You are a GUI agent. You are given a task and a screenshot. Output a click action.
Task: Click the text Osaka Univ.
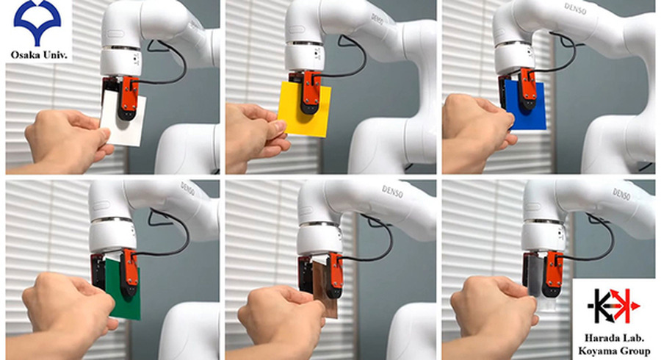pos(39,55)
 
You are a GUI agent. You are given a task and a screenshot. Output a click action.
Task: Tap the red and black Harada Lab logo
pos(614,306)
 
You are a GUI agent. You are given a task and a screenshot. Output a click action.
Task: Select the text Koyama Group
pos(614,350)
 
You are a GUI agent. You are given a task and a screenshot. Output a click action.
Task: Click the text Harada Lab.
pos(614,337)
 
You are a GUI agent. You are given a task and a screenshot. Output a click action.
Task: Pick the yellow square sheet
pos(304,109)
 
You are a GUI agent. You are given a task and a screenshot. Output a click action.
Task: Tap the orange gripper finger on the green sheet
pos(129,273)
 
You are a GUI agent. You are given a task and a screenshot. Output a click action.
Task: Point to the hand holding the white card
pos(68,139)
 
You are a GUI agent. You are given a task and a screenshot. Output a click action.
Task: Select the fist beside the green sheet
pos(70,306)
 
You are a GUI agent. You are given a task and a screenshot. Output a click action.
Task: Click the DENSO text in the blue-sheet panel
pos(576,8)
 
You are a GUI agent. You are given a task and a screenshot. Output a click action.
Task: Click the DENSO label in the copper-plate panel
pos(392,191)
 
